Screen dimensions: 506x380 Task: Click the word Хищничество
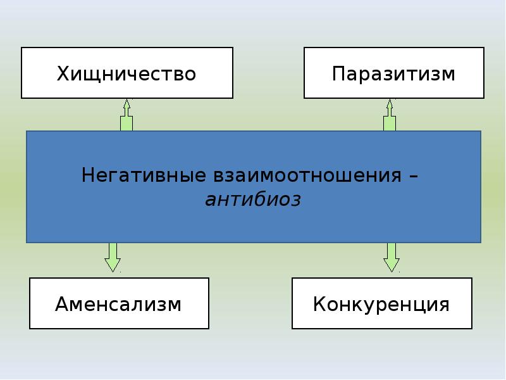click(x=126, y=74)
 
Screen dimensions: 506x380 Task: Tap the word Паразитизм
click(x=393, y=73)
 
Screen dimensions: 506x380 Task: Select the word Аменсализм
click(x=118, y=304)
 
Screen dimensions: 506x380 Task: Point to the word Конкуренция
click(x=381, y=305)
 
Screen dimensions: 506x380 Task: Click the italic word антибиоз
click(x=254, y=199)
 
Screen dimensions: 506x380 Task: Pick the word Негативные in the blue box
click(x=144, y=175)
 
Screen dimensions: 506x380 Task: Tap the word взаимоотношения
click(x=307, y=175)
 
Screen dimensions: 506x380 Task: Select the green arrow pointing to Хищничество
click(x=126, y=115)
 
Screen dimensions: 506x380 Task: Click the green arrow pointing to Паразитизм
click(x=390, y=115)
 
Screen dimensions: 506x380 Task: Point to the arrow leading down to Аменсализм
click(x=113, y=257)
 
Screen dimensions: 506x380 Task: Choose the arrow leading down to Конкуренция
click(x=392, y=257)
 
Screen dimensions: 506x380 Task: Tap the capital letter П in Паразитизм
click(x=338, y=73)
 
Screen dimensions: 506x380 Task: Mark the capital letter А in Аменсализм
click(x=62, y=304)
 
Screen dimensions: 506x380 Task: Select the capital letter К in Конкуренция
click(x=319, y=304)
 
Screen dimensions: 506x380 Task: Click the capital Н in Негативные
click(x=88, y=175)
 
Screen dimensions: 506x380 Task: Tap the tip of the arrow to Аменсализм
click(x=113, y=272)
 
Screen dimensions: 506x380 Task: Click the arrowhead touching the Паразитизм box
click(x=390, y=103)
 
